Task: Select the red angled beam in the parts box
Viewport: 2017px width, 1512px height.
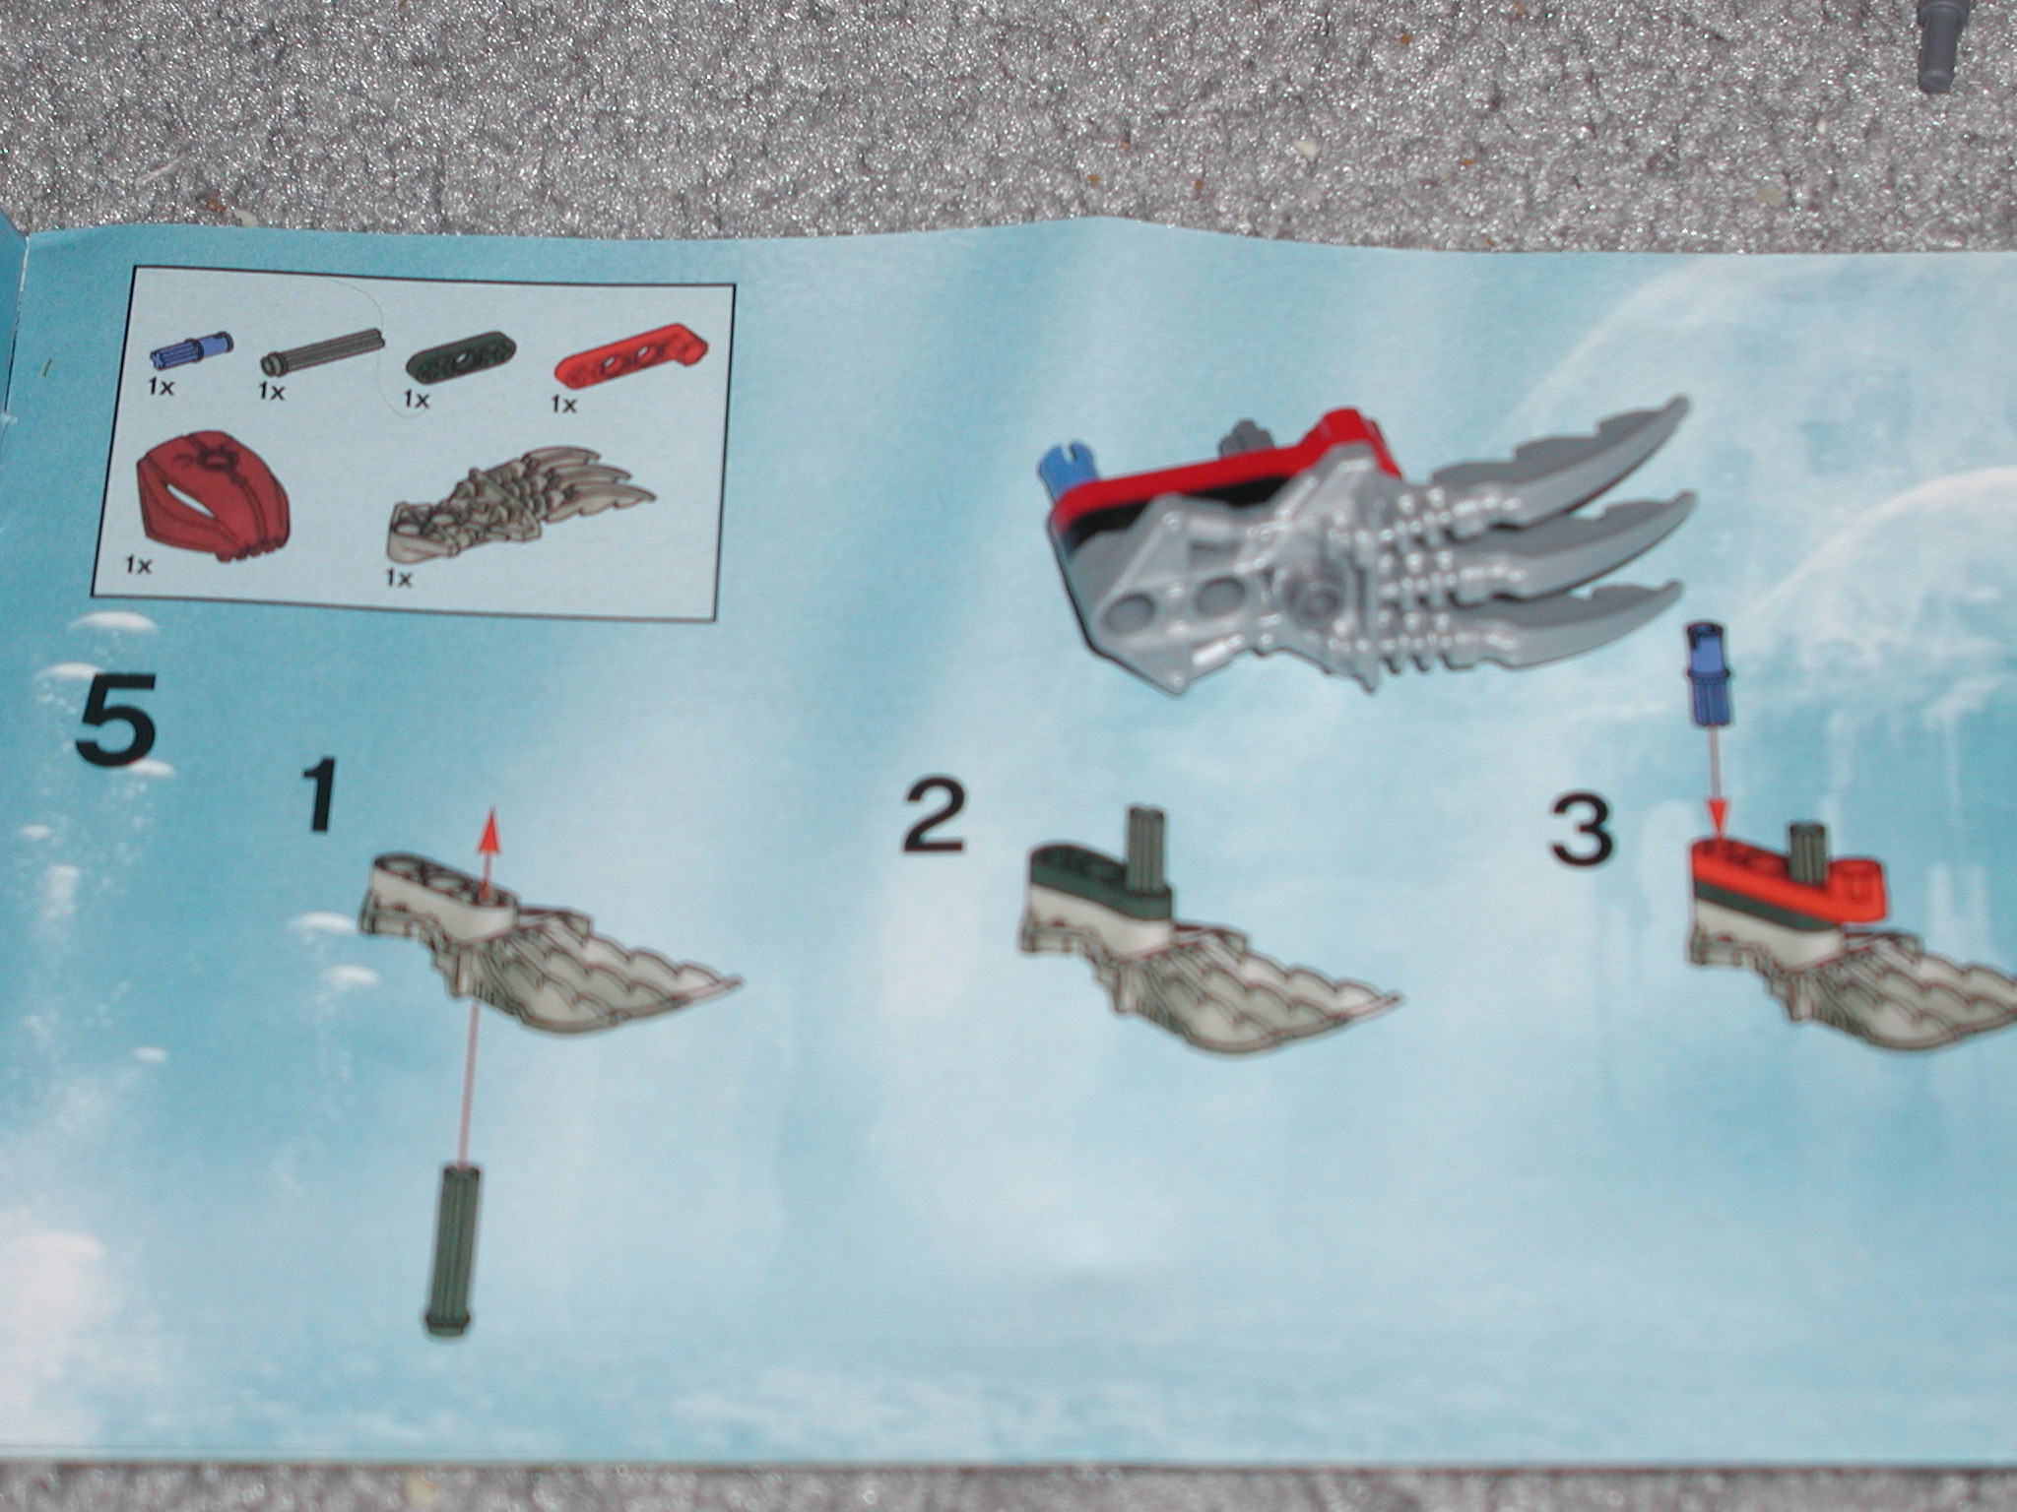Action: (x=620, y=355)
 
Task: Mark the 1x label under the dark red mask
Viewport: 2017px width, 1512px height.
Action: (x=137, y=565)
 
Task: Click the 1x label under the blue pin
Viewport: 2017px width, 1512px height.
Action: (x=161, y=387)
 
